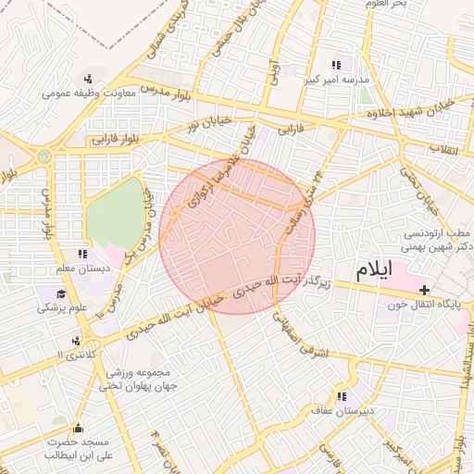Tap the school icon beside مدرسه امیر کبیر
[x=336, y=66]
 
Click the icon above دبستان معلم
[x=82, y=254]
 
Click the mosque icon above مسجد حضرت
[x=77, y=428]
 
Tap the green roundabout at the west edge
[x=44, y=156]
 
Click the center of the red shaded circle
[x=237, y=236]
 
